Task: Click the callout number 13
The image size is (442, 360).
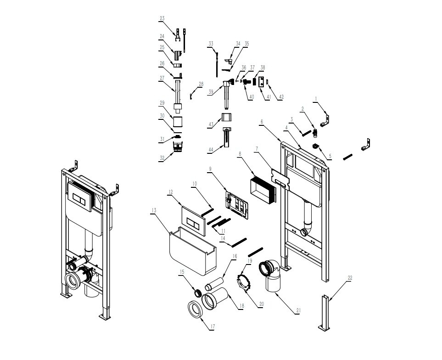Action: tap(154, 210)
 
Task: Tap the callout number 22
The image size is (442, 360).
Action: tap(350, 278)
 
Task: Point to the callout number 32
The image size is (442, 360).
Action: tap(162, 158)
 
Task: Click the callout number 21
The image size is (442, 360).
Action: tap(298, 311)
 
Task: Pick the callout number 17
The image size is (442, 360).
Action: tap(213, 326)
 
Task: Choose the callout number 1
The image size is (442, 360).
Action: tap(316, 99)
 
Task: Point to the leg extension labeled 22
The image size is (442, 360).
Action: tap(325, 312)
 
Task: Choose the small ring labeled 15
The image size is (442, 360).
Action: tap(198, 293)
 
